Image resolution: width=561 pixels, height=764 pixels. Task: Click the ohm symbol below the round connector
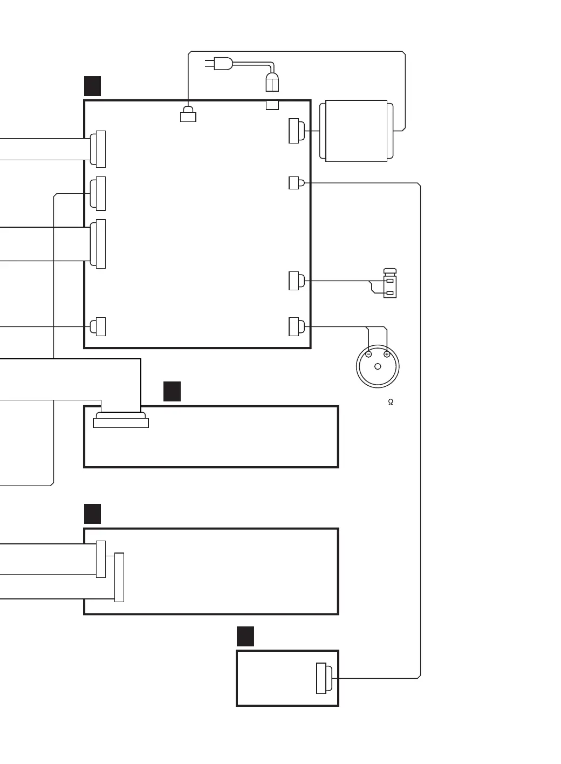[391, 402]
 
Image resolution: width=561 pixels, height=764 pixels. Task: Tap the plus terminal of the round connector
[387, 354]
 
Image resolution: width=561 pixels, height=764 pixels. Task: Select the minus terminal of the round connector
[368, 354]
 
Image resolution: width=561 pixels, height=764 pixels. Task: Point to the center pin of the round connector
[378, 367]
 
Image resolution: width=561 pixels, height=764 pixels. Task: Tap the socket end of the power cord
[272, 83]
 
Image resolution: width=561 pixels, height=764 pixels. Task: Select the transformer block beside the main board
[356, 131]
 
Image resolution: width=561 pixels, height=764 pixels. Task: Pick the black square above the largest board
[93, 86]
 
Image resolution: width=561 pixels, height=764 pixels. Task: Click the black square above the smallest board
[245, 636]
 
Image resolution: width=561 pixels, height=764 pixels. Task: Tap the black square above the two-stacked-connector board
[93, 514]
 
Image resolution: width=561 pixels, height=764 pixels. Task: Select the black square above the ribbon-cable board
[172, 391]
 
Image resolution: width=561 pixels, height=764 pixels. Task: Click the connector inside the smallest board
[323, 678]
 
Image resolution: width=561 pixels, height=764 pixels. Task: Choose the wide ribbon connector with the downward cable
[121, 420]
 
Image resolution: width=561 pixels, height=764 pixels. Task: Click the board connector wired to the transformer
[296, 131]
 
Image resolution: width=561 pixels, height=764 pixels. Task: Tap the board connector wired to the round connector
[296, 326]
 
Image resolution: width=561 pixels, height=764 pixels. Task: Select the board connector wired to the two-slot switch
[296, 281]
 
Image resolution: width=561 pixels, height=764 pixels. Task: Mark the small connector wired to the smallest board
[295, 183]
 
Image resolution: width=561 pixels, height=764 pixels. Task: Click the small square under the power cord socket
[272, 105]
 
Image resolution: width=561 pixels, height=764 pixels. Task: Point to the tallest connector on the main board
[99, 244]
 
